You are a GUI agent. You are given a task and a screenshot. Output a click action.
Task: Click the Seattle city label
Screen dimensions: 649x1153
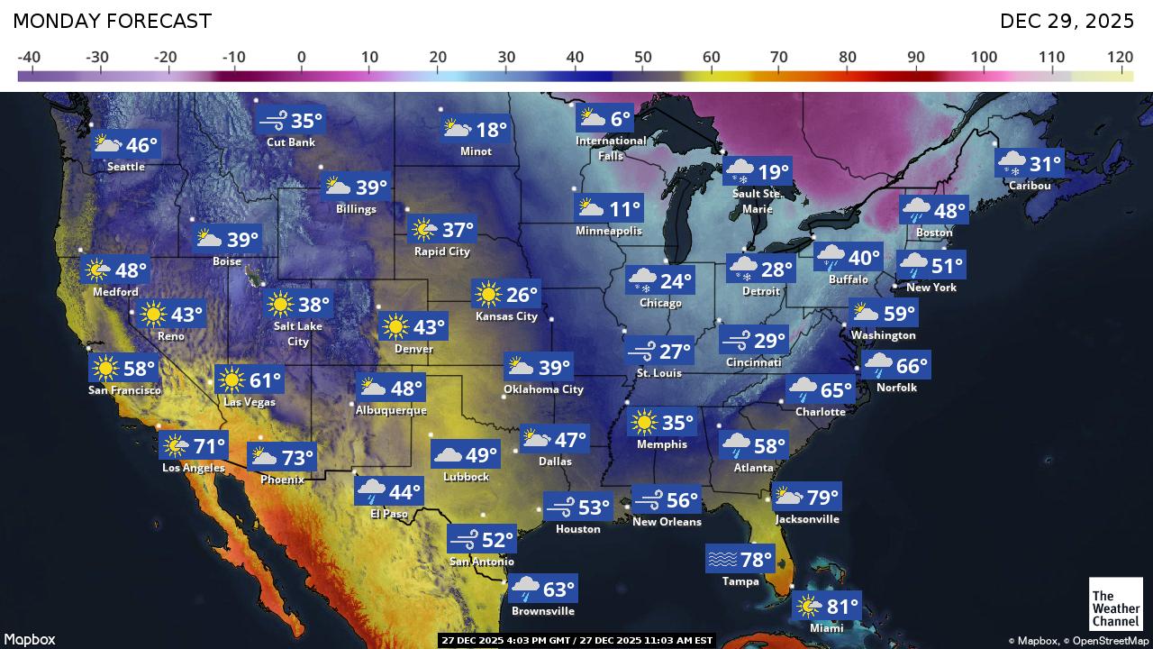(126, 167)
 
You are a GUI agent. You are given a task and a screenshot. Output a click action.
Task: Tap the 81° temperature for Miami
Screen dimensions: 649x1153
(843, 606)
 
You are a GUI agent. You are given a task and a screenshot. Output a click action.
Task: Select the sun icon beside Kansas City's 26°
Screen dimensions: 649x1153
(487, 294)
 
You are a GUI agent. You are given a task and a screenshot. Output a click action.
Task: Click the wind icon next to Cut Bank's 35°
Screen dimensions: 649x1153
(273, 121)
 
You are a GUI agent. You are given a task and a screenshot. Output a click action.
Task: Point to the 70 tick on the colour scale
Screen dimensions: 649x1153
(779, 58)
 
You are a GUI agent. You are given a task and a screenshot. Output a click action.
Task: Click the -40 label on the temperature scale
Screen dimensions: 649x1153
(29, 58)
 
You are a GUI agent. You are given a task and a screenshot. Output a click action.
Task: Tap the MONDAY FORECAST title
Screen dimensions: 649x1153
(113, 21)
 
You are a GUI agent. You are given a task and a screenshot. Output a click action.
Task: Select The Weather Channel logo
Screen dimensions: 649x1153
(1115, 603)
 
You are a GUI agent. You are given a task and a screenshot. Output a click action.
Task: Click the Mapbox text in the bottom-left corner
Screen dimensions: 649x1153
(30, 639)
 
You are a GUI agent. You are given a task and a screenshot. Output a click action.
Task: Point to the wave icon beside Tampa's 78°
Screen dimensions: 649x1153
(722, 560)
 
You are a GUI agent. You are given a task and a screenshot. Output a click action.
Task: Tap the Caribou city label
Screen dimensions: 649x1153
(1029, 185)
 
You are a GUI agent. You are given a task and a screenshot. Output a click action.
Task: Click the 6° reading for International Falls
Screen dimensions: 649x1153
(621, 119)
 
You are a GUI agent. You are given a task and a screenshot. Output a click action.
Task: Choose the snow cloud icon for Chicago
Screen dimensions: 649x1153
(643, 280)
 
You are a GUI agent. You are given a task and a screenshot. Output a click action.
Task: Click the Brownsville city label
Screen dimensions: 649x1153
(542, 611)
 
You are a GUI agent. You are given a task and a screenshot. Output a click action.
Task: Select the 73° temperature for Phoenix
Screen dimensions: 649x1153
(297, 458)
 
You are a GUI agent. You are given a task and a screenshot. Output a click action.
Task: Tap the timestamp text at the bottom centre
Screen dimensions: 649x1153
(576, 640)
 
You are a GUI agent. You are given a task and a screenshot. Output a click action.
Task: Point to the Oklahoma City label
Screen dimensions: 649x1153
(543, 389)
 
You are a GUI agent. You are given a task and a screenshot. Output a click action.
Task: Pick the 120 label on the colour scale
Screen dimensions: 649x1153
(1120, 58)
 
